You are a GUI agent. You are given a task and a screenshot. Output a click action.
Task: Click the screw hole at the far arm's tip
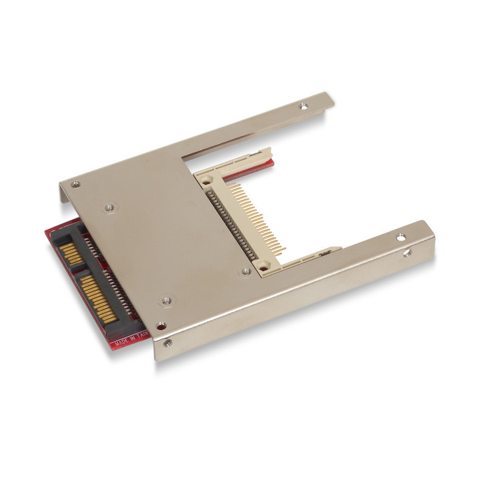(x=304, y=105)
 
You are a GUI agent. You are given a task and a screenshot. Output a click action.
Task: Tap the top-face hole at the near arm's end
(x=401, y=237)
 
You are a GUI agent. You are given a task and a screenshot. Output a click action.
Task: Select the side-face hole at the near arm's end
(x=407, y=253)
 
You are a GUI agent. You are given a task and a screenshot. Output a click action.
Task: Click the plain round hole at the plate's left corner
(x=75, y=184)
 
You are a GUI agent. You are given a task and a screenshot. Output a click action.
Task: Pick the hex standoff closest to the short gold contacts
(x=109, y=208)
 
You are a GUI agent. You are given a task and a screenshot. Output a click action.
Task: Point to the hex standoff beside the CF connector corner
(x=246, y=271)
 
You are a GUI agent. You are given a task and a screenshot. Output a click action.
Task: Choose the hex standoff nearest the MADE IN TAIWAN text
(x=166, y=301)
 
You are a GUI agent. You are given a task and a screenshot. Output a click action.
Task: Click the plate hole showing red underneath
(x=161, y=326)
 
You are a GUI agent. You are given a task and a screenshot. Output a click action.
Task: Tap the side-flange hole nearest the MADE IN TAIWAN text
(x=167, y=343)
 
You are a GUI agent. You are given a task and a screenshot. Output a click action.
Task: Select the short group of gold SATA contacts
(x=68, y=253)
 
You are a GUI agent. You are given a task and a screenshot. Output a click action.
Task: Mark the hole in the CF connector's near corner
(x=264, y=267)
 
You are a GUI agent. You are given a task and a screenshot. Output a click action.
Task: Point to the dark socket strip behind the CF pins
(x=230, y=223)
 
